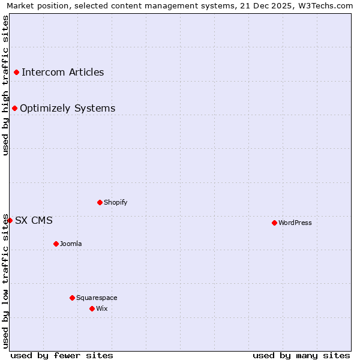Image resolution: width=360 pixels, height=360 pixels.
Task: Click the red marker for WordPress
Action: click(274, 223)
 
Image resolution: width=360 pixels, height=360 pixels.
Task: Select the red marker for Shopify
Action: click(100, 202)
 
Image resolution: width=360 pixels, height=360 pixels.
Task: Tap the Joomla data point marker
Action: click(56, 244)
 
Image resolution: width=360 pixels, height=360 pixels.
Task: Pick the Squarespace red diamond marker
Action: click(72, 298)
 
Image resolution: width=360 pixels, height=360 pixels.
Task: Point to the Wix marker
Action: click(92, 308)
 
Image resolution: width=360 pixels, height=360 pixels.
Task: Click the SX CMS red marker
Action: click(10, 220)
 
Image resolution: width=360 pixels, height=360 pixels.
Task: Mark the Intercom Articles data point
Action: click(16, 73)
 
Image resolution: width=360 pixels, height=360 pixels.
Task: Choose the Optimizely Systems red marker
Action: click(14, 109)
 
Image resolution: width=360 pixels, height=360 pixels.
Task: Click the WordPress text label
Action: click(295, 223)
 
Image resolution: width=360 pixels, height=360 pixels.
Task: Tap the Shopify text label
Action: click(116, 203)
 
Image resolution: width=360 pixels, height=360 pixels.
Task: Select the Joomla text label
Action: click(71, 244)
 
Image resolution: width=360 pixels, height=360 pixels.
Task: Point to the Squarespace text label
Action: click(97, 298)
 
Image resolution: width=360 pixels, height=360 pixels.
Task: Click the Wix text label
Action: click(102, 309)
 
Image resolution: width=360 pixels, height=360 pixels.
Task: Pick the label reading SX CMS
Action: click(34, 221)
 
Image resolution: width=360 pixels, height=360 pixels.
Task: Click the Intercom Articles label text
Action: click(62, 73)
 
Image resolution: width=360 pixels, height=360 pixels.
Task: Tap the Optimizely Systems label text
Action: click(67, 109)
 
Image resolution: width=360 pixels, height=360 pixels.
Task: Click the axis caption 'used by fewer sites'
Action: click(62, 355)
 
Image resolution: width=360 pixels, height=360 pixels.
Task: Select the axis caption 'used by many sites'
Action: click(301, 355)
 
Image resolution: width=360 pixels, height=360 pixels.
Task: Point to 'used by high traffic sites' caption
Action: click(5, 85)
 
